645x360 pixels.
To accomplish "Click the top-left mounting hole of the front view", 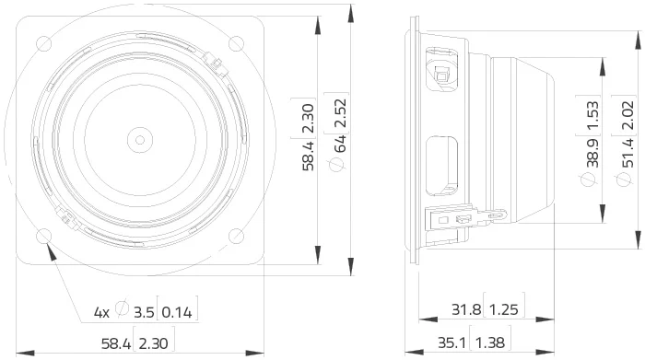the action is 44,43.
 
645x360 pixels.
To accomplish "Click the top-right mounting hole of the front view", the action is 236,43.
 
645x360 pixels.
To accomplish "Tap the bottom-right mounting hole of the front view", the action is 236,236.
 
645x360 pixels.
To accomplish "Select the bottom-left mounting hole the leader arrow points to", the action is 44,236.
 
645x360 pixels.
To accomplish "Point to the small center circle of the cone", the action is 140,140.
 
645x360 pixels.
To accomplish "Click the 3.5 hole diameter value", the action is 144,313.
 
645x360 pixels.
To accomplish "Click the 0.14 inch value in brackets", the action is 177,313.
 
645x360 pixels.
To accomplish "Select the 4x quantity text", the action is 101,313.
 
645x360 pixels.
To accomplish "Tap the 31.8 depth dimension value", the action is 466,309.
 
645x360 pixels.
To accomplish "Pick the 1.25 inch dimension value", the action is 504,309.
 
